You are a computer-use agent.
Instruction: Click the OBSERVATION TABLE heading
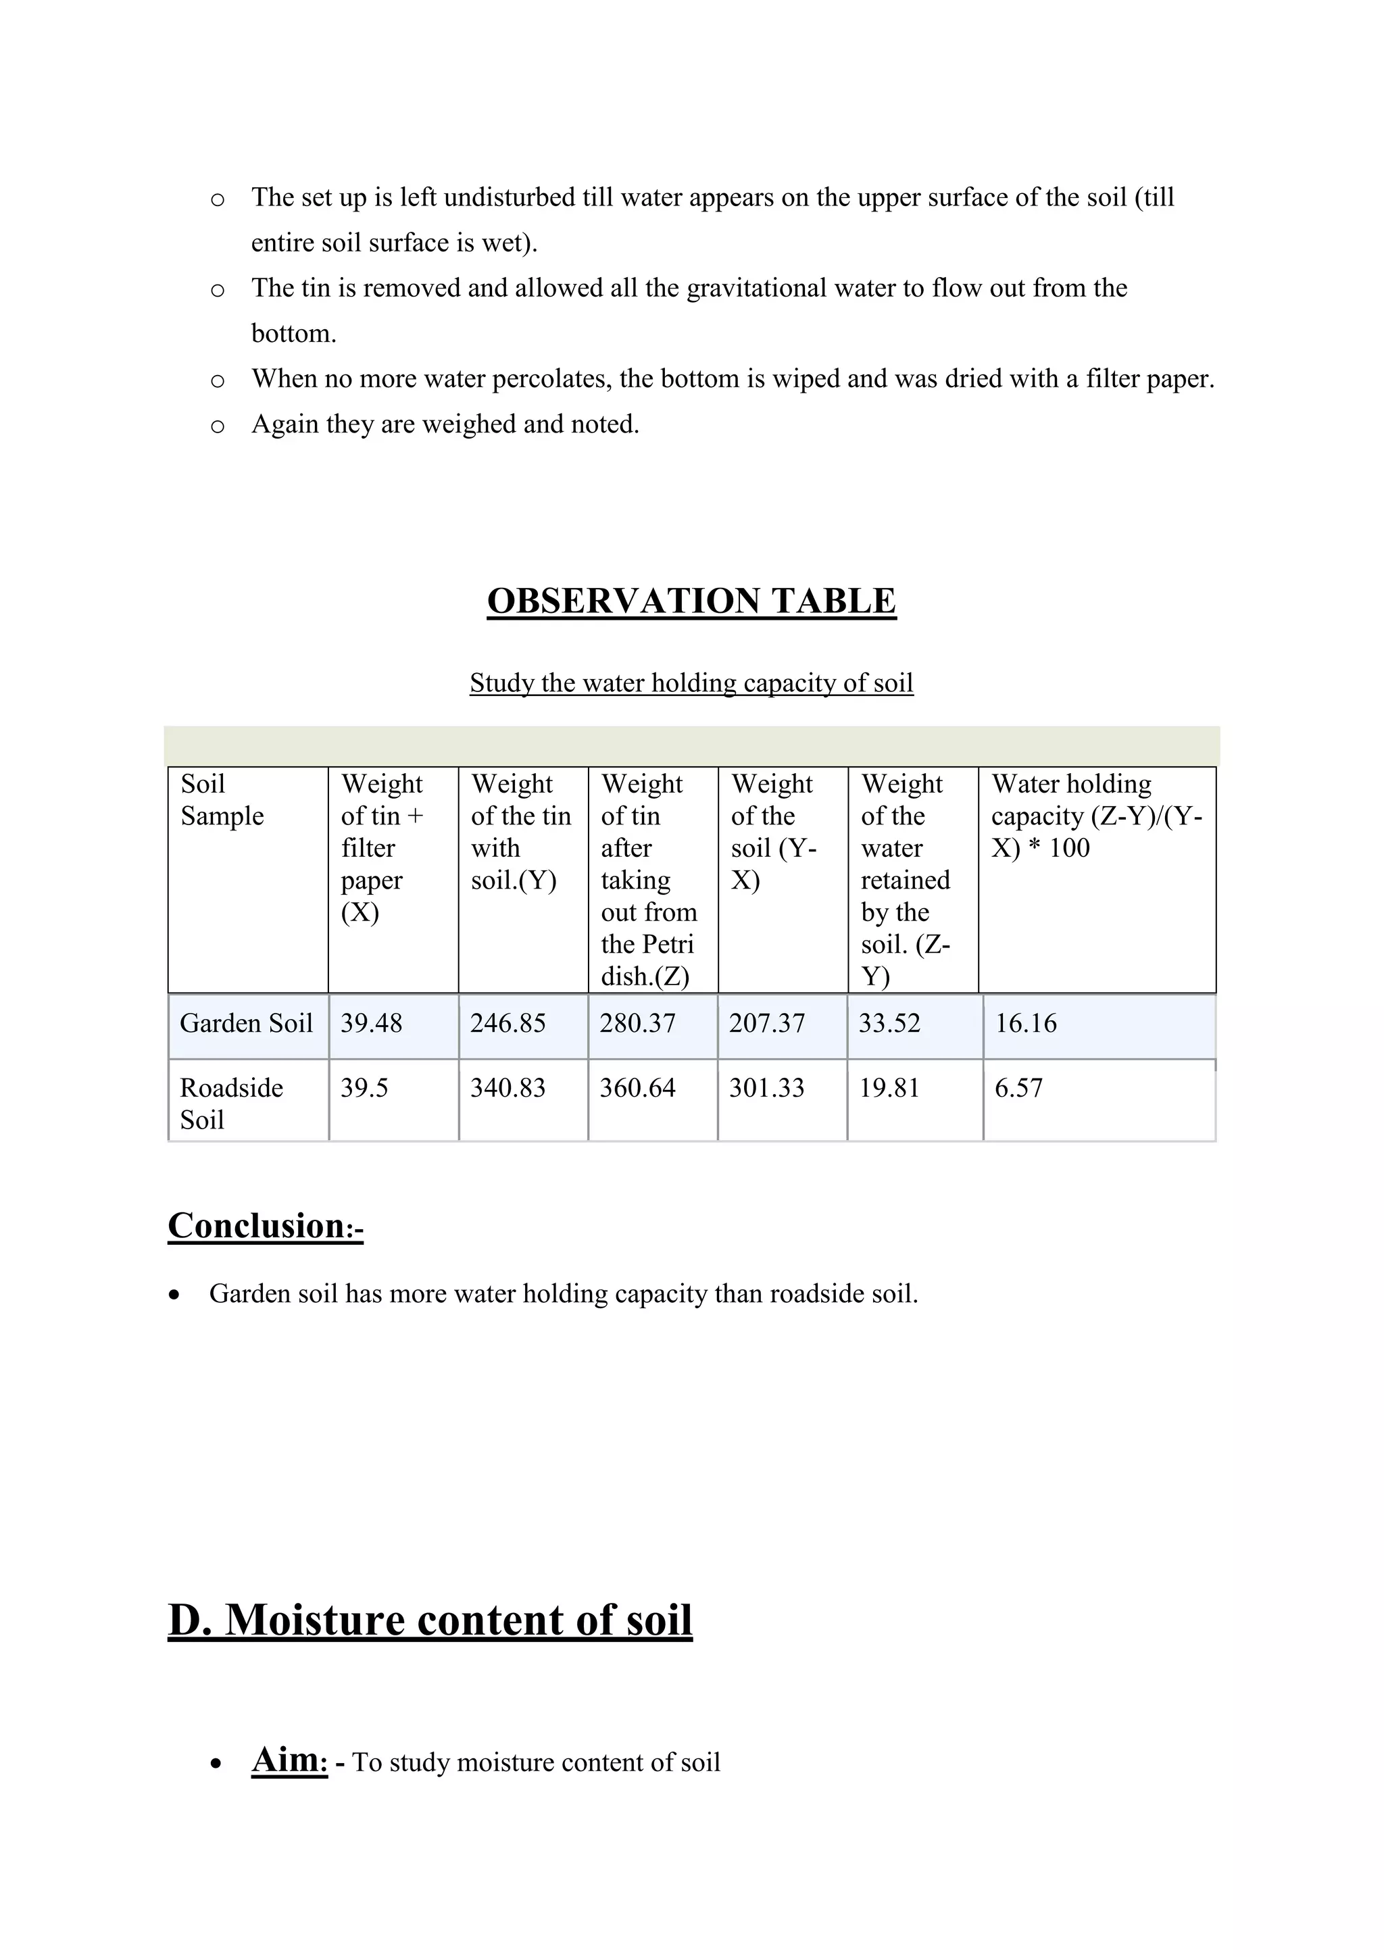[x=691, y=601]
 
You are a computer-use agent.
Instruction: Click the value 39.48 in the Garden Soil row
[x=371, y=1023]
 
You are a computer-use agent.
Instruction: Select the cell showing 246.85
[x=508, y=1023]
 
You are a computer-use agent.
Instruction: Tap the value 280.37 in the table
[x=637, y=1023]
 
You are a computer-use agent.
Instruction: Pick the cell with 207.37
[x=767, y=1023]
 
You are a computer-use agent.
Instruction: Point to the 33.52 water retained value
[x=890, y=1023]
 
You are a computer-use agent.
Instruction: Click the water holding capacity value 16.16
[x=1026, y=1023]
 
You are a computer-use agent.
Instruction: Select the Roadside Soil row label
[x=231, y=1103]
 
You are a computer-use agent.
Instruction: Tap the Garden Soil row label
[x=246, y=1023]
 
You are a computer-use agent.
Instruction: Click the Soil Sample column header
[x=222, y=799]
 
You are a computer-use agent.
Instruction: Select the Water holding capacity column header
[x=1096, y=816]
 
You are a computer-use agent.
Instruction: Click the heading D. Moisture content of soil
[x=430, y=1620]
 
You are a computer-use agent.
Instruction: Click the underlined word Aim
[x=289, y=1759]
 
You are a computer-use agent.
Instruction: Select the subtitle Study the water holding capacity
[x=691, y=683]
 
